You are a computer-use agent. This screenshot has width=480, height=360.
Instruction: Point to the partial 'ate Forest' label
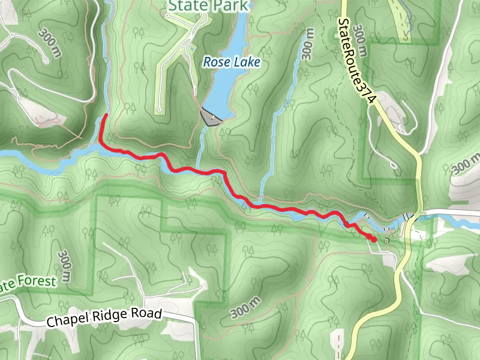point(27,283)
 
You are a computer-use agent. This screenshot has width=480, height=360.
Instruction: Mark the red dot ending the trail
point(374,239)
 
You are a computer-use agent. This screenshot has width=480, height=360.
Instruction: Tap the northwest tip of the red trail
point(106,115)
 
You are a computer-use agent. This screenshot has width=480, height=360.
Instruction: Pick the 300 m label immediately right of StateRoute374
point(361,39)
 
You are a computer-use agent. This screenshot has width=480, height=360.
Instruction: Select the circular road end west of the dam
point(160,109)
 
